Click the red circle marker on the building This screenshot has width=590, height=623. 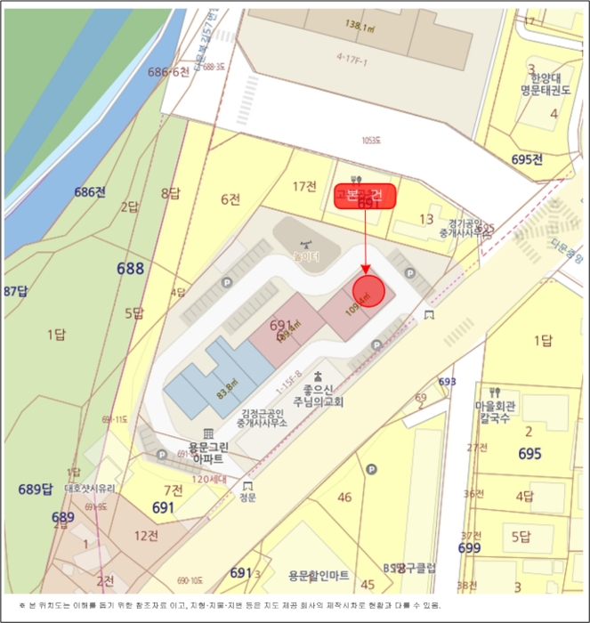(x=369, y=291)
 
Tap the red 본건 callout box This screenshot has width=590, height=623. (x=365, y=196)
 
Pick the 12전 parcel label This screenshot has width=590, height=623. (x=145, y=534)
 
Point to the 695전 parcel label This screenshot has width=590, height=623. (x=528, y=159)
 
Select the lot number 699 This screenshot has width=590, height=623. (x=470, y=547)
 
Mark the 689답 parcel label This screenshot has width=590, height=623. (x=36, y=489)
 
